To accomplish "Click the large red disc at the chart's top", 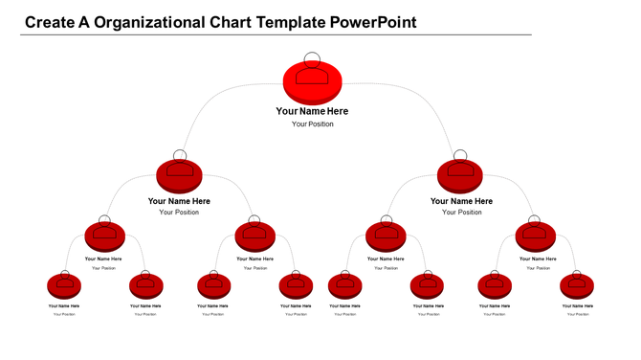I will click(312, 81).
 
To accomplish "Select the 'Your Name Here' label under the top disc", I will click(312, 111).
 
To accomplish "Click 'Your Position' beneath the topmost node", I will click(313, 124).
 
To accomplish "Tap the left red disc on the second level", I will click(179, 176).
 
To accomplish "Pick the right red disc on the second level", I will click(460, 176).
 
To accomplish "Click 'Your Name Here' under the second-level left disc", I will click(179, 201).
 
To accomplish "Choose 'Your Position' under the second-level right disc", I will click(461, 213).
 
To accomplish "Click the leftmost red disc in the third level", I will click(104, 236).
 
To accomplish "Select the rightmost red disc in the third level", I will click(535, 236).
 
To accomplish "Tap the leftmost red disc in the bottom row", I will click(63, 284).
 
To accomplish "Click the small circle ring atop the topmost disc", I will click(312, 57).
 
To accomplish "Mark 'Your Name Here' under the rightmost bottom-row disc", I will click(577, 306).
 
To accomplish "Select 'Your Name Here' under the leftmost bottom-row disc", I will click(64, 306).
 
